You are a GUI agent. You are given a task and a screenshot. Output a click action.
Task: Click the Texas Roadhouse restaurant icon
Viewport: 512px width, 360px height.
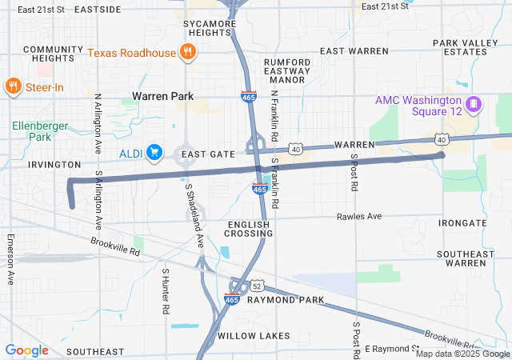(x=187, y=53)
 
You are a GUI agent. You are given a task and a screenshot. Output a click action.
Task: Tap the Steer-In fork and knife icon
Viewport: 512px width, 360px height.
(x=13, y=86)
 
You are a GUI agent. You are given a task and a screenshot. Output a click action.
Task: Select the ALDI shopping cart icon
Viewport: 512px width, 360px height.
(x=155, y=152)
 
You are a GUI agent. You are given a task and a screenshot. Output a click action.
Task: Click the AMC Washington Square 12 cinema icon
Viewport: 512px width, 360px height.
(x=474, y=104)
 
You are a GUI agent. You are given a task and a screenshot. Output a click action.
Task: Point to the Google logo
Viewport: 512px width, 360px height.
(x=26, y=350)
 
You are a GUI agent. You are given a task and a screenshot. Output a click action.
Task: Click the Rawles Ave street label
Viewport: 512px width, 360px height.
(x=359, y=216)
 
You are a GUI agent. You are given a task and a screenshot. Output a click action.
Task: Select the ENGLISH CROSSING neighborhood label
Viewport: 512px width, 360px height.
(x=250, y=229)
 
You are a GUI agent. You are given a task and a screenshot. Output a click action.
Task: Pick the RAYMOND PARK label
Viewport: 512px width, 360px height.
(x=286, y=300)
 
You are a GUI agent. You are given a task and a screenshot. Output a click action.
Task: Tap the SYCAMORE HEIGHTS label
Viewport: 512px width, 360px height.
(x=211, y=28)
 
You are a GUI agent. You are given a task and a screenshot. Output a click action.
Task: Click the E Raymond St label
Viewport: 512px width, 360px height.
(x=391, y=350)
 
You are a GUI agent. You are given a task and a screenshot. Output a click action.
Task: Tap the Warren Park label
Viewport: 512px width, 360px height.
(x=163, y=96)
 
